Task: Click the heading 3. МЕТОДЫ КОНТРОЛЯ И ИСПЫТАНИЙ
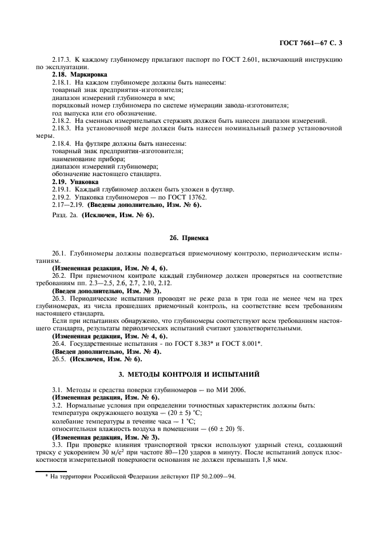[189, 374]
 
